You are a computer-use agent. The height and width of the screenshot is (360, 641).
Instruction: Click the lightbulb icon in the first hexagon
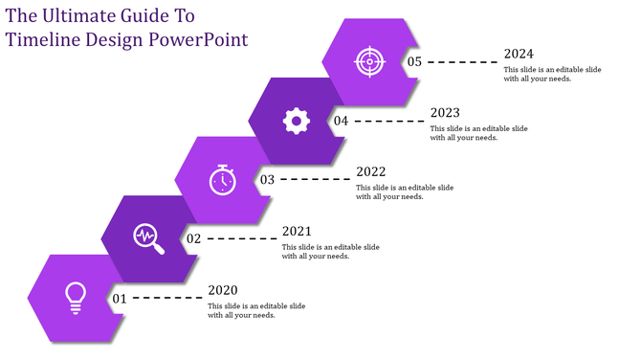(x=75, y=298)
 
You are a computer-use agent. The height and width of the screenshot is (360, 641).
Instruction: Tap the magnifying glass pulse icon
(x=148, y=238)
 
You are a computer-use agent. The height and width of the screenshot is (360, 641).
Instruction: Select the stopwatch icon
(x=222, y=179)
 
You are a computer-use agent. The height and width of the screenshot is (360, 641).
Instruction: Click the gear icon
(x=296, y=120)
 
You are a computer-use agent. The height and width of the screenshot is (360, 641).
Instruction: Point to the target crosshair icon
(x=368, y=61)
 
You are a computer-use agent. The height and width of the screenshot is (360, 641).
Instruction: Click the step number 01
(x=120, y=299)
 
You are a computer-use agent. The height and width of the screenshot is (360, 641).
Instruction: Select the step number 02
(x=193, y=238)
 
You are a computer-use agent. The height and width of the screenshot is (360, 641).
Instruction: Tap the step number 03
(x=267, y=179)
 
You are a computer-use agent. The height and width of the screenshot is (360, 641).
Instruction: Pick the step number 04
(x=341, y=121)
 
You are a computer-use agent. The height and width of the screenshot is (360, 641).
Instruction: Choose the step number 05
(x=414, y=61)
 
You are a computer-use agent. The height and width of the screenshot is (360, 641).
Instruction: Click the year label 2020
(x=222, y=290)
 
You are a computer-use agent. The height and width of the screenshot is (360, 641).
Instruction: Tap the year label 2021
(x=297, y=231)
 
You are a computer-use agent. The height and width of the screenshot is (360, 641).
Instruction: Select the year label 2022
(x=370, y=171)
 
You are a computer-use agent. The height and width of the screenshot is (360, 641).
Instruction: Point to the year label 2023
(x=445, y=112)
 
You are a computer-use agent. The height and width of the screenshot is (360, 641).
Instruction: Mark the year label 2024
(x=519, y=54)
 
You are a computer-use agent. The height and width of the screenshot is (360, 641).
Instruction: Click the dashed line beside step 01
(x=168, y=299)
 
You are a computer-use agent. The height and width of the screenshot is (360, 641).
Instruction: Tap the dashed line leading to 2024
(x=463, y=61)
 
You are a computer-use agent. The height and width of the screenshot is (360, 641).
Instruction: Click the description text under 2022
(x=405, y=192)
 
